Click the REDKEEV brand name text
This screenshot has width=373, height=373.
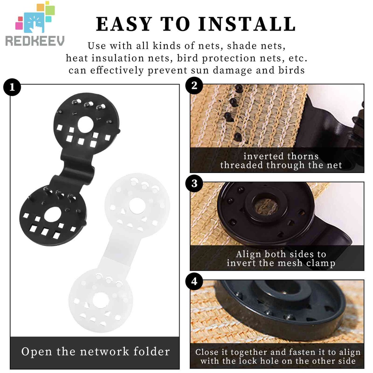(35, 41)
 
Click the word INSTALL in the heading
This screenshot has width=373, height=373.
(247, 24)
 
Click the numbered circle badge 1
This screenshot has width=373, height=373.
(12, 87)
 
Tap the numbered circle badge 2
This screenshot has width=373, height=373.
(194, 85)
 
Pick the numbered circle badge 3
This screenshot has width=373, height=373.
(194, 184)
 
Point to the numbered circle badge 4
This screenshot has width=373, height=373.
(194, 282)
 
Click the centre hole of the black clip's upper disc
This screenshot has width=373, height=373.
(86, 124)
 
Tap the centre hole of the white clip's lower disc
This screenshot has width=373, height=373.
(101, 300)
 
